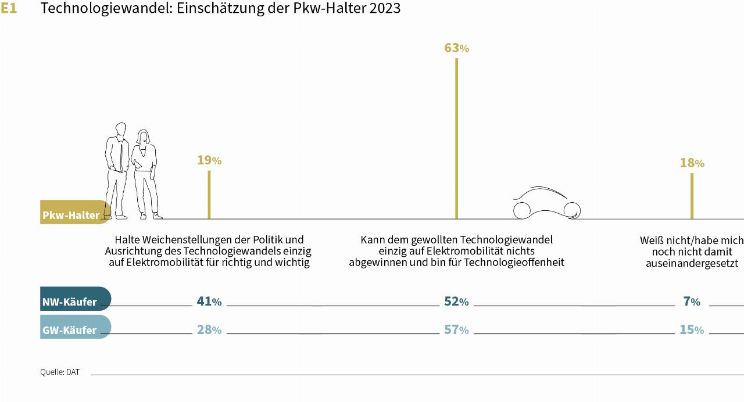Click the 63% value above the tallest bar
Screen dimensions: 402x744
click(456, 48)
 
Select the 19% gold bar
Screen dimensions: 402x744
click(209, 195)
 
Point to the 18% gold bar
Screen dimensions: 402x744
click(692, 196)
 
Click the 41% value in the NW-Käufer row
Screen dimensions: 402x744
click(209, 301)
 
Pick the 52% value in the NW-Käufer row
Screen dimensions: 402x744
click(456, 301)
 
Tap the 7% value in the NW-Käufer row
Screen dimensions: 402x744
click(692, 301)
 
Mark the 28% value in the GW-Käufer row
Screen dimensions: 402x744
click(209, 330)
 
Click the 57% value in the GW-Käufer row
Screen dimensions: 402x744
click(456, 330)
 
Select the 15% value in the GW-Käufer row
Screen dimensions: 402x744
click(692, 330)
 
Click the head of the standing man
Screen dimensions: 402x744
click(120, 130)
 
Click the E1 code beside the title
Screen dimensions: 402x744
click(9, 9)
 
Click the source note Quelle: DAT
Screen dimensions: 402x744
click(60, 372)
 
